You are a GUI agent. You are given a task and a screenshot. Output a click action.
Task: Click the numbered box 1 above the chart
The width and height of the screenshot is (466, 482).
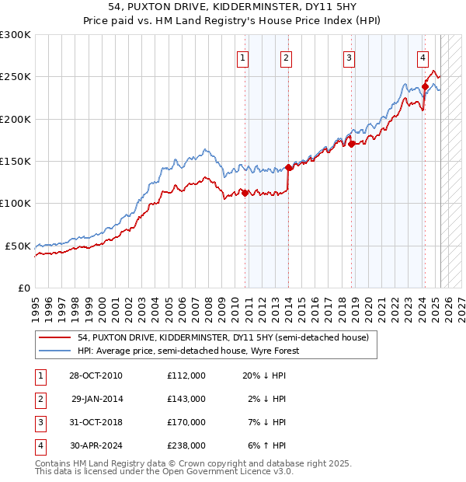tap(243, 57)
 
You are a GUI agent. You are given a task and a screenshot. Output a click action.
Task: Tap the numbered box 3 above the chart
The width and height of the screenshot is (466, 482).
tap(349, 57)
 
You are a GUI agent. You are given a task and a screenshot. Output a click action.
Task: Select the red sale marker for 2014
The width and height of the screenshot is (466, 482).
tap(288, 167)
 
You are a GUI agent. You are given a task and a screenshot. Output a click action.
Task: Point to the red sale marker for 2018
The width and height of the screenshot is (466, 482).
tap(352, 144)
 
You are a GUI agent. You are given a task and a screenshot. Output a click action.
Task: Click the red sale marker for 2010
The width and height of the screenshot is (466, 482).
tap(245, 193)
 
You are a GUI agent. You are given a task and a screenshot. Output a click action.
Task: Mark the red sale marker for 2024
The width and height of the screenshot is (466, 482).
tap(425, 86)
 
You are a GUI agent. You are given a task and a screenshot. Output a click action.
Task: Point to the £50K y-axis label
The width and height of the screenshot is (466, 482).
tap(18, 246)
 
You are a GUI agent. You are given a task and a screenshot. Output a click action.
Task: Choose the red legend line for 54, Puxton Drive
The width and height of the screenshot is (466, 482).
tap(55, 338)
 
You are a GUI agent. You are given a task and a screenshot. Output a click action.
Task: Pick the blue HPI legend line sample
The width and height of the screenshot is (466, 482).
tap(55, 351)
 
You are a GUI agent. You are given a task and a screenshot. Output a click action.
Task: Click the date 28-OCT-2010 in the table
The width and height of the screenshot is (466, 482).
tap(96, 375)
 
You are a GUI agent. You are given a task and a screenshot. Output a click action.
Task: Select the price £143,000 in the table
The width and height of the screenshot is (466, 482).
tap(186, 399)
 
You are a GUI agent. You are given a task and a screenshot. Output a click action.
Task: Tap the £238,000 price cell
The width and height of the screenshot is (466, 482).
tap(186, 445)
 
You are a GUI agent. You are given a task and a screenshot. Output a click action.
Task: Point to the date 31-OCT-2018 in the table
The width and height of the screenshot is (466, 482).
tap(96, 422)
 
